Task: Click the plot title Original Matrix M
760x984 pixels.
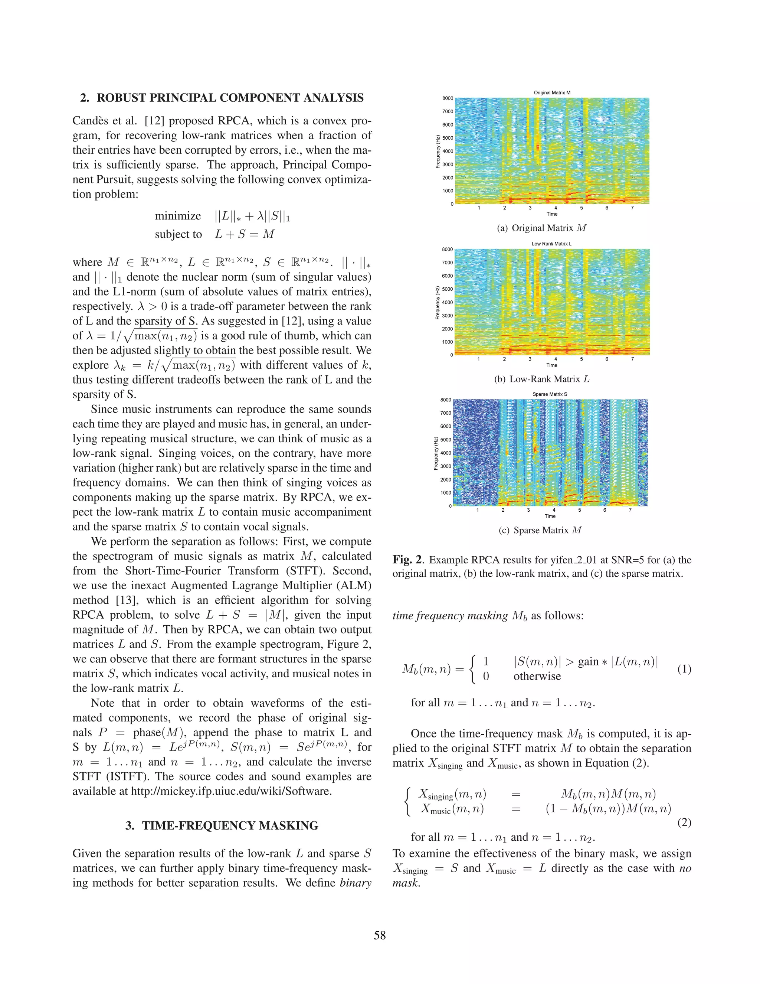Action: coord(552,92)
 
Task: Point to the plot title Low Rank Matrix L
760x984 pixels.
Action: coord(551,244)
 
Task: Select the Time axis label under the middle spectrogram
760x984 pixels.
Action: coord(551,365)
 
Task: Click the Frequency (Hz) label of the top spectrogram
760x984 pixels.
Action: coord(438,151)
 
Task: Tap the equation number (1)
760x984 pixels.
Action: coord(684,669)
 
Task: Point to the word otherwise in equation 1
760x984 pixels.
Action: coord(537,676)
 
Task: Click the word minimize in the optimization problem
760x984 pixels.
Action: coord(178,216)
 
